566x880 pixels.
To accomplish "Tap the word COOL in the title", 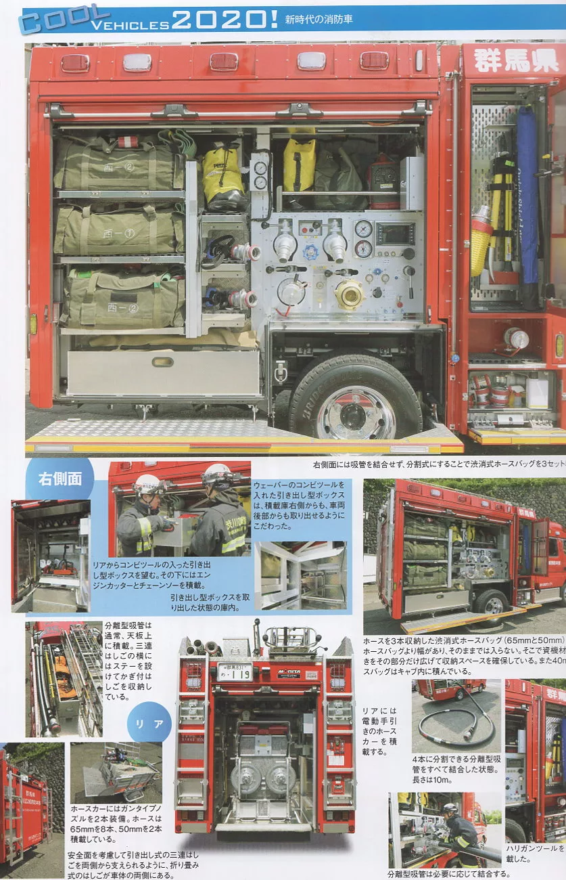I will pyautogui.click(x=65, y=19).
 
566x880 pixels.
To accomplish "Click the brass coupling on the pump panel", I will pyautogui.click(x=350, y=294).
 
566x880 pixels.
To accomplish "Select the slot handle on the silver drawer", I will pyautogui.click(x=162, y=361).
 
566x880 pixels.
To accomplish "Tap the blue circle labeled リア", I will pyautogui.click(x=149, y=724).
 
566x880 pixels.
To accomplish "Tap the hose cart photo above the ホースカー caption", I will pyautogui.click(x=116, y=772).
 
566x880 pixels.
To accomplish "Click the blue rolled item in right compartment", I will pyautogui.click(x=527, y=196).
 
